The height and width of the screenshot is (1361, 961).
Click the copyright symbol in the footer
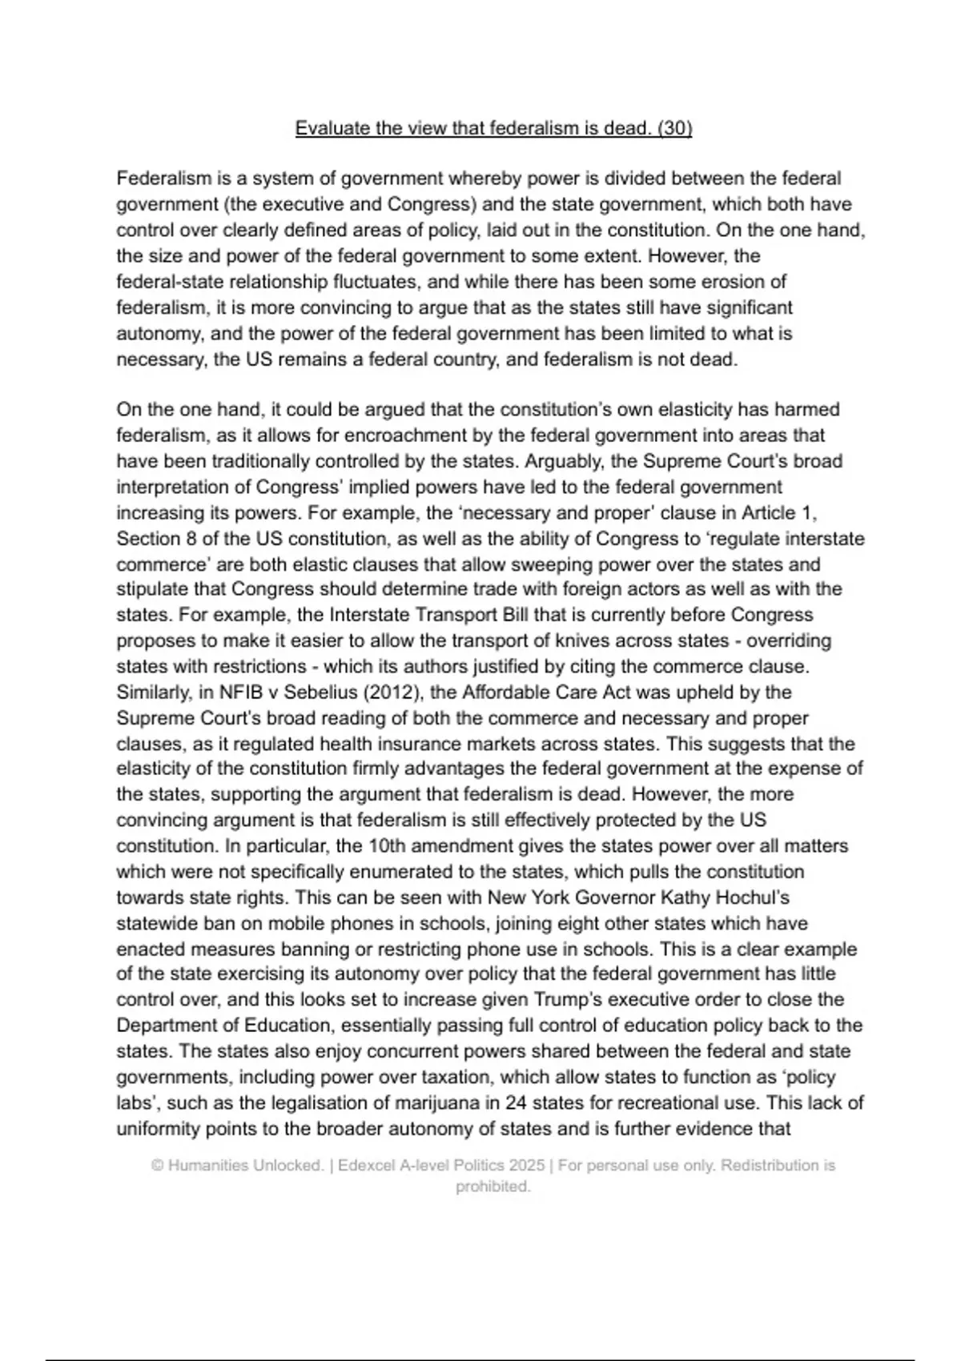pos(157,1166)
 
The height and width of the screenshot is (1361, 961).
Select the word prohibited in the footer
pos(493,1187)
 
